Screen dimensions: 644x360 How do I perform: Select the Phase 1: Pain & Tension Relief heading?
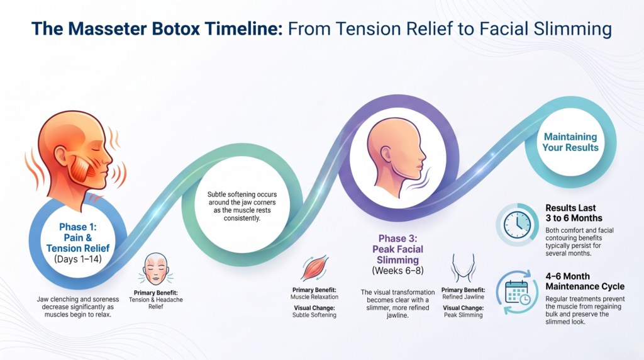pyautogui.click(x=77, y=237)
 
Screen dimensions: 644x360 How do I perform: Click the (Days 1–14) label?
pyautogui.click(x=77, y=259)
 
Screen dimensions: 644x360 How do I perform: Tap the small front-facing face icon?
pyautogui.click(x=156, y=269)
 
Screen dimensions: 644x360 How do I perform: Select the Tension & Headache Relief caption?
pyautogui.click(x=156, y=303)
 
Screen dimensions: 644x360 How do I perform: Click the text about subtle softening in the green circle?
pyautogui.click(x=242, y=206)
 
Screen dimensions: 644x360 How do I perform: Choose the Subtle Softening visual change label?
pyautogui.click(x=314, y=315)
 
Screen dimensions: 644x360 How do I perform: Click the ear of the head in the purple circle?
pyautogui.click(x=386, y=154)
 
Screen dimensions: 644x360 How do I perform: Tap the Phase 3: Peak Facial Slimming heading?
pyautogui.click(x=397, y=249)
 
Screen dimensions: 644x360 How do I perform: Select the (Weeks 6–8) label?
pyautogui.click(x=397, y=271)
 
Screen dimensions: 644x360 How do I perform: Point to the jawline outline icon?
pyautogui.click(x=463, y=267)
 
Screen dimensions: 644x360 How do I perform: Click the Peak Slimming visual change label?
pyautogui.click(x=464, y=315)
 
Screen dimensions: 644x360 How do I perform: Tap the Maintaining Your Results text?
pyautogui.click(x=570, y=142)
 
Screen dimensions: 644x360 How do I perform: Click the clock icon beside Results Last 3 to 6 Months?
pyautogui.click(x=517, y=225)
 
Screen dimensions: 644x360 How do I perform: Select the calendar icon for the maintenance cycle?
pyautogui.click(x=517, y=292)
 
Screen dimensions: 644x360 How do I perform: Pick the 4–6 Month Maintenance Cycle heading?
pyautogui.click(x=585, y=281)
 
